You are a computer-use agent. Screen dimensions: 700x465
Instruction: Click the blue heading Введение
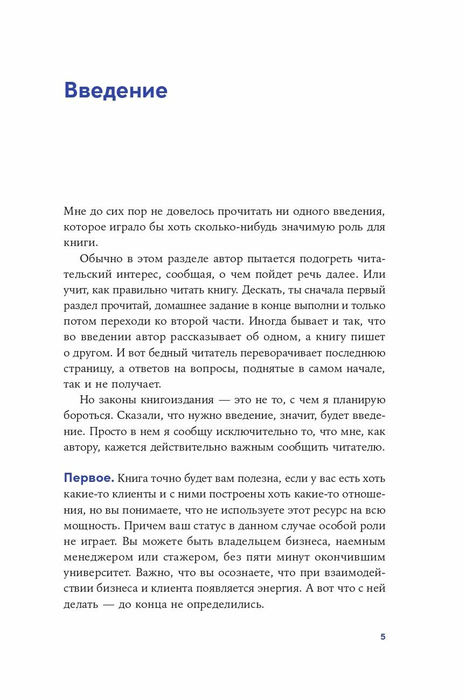click(x=116, y=90)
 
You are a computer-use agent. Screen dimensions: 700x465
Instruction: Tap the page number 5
click(x=383, y=636)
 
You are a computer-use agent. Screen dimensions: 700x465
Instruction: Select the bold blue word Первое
click(x=89, y=478)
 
